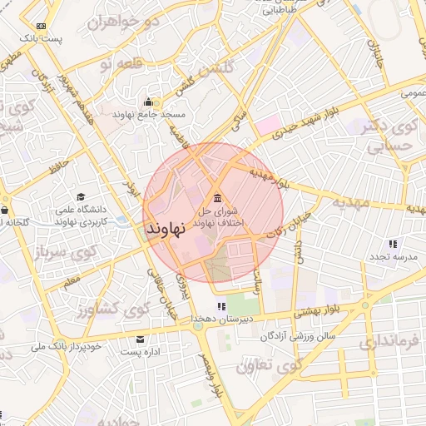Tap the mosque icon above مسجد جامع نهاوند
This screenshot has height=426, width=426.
[x=148, y=102]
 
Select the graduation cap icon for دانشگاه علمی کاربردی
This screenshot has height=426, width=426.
[x=81, y=196]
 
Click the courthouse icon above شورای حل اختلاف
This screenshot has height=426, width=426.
[x=217, y=198]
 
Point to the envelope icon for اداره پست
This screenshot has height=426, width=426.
[x=140, y=339]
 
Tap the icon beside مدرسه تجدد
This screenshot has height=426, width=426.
[x=392, y=244]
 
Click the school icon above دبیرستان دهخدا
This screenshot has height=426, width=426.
[x=198, y=307]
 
